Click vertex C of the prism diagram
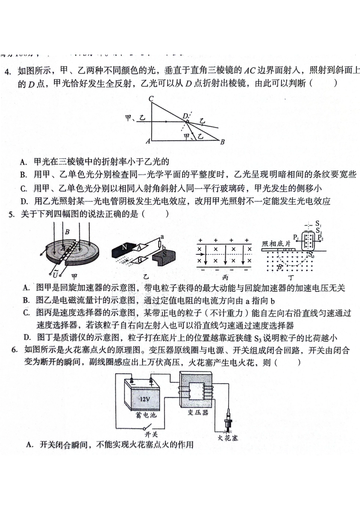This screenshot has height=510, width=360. (x=151, y=99)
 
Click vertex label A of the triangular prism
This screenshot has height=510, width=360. (x=148, y=141)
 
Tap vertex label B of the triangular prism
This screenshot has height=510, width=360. (x=222, y=142)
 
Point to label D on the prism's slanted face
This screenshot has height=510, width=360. (x=185, y=116)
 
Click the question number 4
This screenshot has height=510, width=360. (x=8, y=71)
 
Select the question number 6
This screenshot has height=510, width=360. (x=14, y=350)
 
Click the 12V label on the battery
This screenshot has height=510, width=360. (x=145, y=399)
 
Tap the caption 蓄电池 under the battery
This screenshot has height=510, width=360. (x=146, y=415)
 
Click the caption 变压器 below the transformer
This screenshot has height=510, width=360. (x=198, y=412)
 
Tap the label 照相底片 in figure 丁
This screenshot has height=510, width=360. (x=276, y=243)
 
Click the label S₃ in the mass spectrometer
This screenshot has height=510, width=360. (x=311, y=255)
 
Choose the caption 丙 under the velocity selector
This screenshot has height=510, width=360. (x=225, y=278)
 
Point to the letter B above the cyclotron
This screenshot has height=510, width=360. (x=67, y=232)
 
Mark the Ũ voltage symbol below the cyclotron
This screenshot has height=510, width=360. (x=56, y=274)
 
